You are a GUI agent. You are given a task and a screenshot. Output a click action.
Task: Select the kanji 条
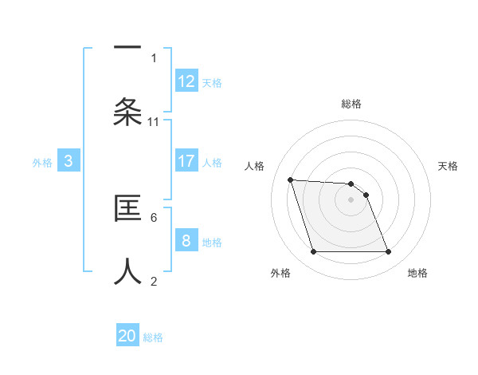point(127,112)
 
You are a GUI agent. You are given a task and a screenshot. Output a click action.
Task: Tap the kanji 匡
point(127,208)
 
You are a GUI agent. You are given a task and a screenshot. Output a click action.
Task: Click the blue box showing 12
point(186,81)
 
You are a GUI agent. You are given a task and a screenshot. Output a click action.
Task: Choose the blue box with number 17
point(186,161)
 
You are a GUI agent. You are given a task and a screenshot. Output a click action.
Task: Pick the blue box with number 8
point(186,241)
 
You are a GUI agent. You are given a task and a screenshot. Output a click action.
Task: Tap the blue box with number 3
point(69,161)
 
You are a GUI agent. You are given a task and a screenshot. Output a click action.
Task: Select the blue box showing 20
point(127,336)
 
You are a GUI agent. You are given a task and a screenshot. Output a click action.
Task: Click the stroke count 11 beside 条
point(154,121)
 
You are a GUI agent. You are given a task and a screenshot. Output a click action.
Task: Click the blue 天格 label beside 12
point(212,83)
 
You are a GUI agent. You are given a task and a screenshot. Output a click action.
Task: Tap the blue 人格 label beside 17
point(212,163)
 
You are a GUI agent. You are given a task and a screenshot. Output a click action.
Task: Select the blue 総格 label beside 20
point(153,337)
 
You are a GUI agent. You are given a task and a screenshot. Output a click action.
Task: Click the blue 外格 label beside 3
point(42,163)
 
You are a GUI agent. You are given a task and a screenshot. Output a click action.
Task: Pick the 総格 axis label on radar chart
point(351,104)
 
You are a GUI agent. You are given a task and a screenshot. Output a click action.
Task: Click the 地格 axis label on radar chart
point(417,274)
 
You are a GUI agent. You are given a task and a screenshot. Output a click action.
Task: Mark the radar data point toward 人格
point(290,180)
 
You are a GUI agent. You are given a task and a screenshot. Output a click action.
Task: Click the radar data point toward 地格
point(388,252)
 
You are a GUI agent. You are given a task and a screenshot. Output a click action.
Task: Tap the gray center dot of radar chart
point(351,200)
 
